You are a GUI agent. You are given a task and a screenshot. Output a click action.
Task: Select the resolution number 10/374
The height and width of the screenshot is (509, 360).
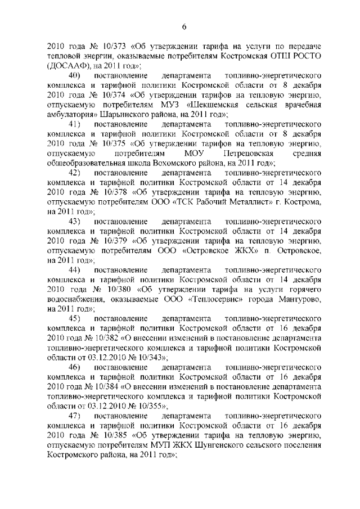pos(104,96)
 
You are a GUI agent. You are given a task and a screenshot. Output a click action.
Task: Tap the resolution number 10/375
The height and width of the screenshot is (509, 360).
pos(104,144)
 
